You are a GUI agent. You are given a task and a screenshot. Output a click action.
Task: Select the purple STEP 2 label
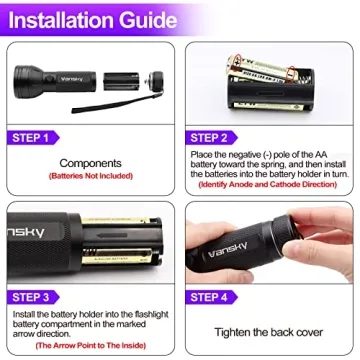click(x=210, y=138)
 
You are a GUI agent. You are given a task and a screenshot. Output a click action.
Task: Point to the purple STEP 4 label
click(x=210, y=296)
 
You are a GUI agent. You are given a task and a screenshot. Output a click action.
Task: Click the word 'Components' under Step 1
click(x=90, y=163)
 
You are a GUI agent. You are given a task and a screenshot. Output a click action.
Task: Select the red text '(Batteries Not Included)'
click(x=90, y=176)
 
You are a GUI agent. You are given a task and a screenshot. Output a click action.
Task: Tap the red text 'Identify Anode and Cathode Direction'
click(x=270, y=184)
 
